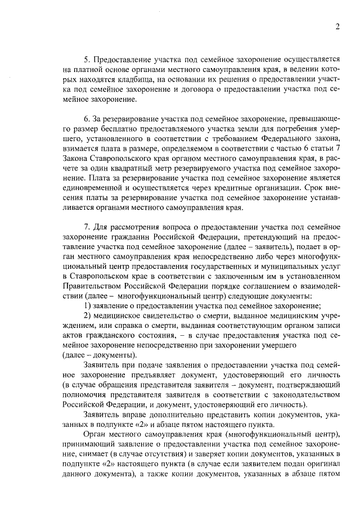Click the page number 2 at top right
coord(336,26)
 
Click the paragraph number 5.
coord(87,59)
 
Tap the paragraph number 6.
coord(87,120)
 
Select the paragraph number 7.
coord(87,227)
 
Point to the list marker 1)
coord(87,306)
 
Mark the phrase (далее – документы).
coord(98,356)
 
